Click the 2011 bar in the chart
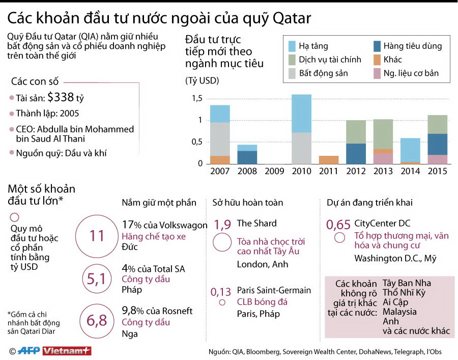click(328, 159)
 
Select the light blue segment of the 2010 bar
click(301, 113)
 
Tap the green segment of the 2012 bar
click(356, 131)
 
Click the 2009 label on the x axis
click(274, 171)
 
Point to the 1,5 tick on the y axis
click(197, 98)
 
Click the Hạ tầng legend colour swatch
click(292, 46)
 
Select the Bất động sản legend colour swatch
click(292, 73)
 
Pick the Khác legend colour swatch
click(377, 60)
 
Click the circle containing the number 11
click(97, 235)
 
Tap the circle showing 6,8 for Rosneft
click(97, 321)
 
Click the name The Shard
click(256, 223)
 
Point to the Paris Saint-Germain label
click(274, 290)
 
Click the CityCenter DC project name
click(382, 223)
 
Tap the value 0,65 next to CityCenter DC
click(338, 224)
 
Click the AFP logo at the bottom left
click(29, 351)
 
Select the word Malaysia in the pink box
click(399, 311)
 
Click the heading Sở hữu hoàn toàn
click(247, 203)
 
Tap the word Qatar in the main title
click(289, 18)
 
